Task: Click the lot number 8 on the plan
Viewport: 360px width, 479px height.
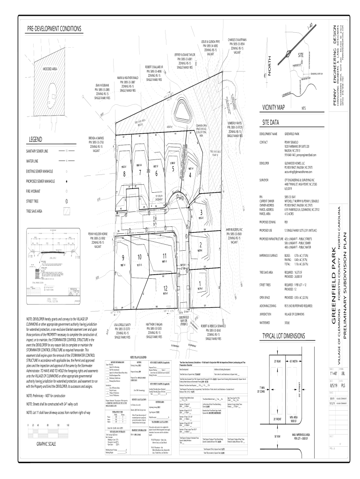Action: tap(124, 174)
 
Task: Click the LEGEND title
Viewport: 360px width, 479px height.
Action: tap(36, 139)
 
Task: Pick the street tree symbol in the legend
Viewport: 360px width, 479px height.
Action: tap(67, 201)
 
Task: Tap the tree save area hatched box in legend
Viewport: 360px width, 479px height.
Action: tap(67, 211)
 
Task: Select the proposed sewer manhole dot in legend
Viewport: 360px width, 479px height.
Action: tap(67, 181)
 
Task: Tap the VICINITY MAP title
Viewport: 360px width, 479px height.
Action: tap(274, 107)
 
